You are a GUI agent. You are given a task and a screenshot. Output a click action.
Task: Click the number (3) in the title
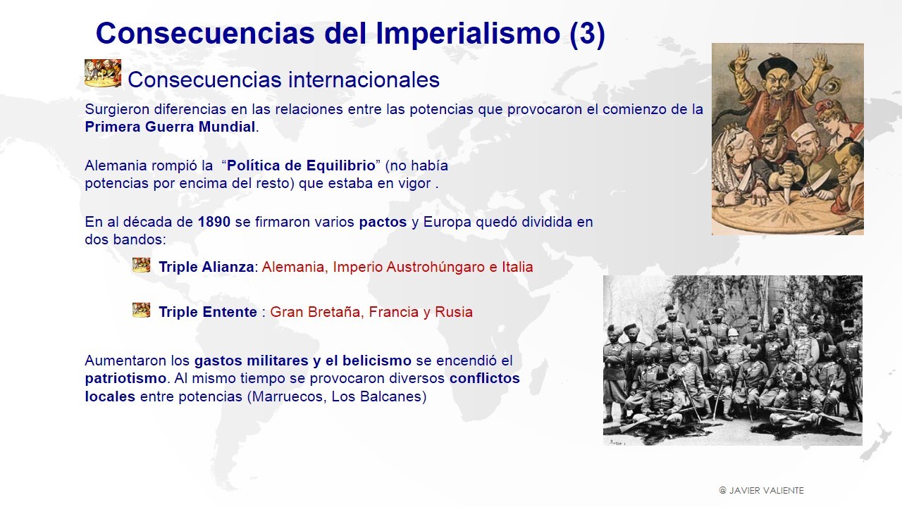coord(588,34)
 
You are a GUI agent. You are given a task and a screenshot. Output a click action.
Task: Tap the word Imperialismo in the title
coord(467,34)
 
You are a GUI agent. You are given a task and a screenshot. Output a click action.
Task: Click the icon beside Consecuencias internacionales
coord(103,73)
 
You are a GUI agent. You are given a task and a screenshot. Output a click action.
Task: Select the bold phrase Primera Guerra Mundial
coord(170,127)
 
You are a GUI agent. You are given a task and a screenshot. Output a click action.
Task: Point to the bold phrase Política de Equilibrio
coord(301,165)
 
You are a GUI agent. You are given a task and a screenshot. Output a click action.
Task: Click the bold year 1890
coord(214,222)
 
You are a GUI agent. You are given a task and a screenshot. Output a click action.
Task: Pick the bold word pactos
coord(383,222)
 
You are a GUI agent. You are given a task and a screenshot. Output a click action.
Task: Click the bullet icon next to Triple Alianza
coord(142,265)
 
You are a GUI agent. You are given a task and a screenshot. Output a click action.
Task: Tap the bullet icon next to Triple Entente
coord(142,311)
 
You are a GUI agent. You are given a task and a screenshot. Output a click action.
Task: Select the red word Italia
coord(517,267)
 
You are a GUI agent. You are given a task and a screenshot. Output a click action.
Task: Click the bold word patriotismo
coord(125,379)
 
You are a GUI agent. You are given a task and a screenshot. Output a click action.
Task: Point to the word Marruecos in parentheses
coord(288,396)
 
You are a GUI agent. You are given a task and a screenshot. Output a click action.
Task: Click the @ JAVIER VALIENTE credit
coord(762,491)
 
